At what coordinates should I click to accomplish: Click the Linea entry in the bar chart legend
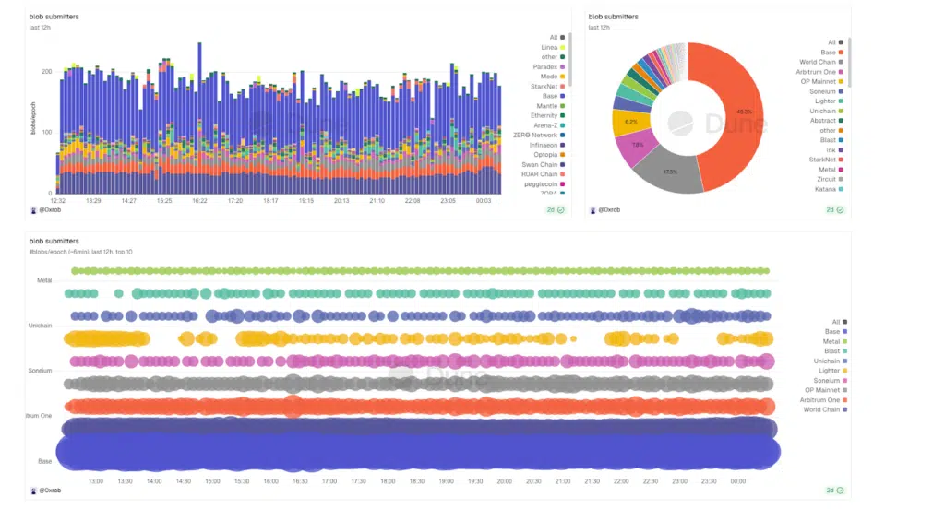click(x=548, y=47)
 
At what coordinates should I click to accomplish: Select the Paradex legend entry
click(x=544, y=67)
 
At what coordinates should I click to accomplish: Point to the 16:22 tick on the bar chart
click(x=199, y=200)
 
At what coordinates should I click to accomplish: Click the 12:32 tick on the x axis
click(x=57, y=200)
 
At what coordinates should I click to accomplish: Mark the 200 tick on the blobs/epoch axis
click(x=47, y=71)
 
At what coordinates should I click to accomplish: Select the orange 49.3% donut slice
click(x=729, y=111)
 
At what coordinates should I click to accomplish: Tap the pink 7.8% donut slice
click(x=635, y=145)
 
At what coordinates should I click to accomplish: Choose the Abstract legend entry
click(x=822, y=120)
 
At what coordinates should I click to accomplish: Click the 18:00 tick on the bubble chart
click(x=388, y=481)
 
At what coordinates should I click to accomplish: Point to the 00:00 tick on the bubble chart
click(x=737, y=481)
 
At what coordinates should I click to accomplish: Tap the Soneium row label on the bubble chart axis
click(x=39, y=370)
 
